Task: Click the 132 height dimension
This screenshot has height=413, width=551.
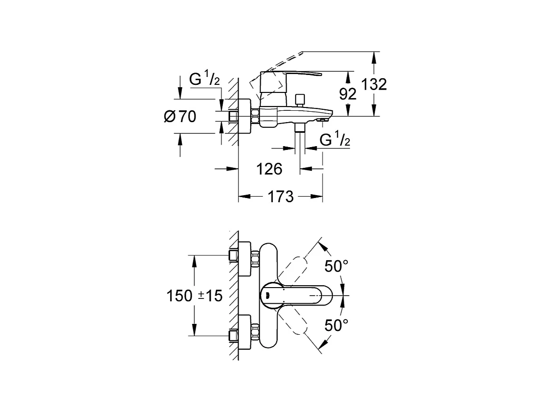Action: pyautogui.click(x=374, y=84)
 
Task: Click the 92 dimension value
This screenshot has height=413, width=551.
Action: pyautogui.click(x=347, y=94)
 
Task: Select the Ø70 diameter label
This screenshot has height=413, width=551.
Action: pyautogui.click(x=180, y=116)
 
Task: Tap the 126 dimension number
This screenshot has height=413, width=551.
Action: pyautogui.click(x=269, y=169)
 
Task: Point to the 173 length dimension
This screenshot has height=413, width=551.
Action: pyautogui.click(x=280, y=197)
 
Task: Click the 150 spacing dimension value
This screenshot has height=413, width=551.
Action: pyautogui.click(x=179, y=296)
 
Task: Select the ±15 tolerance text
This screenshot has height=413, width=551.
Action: pyautogui.click(x=210, y=296)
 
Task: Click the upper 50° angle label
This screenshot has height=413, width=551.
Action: pyautogui.click(x=336, y=266)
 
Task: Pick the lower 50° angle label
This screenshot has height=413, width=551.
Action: pyautogui.click(x=336, y=325)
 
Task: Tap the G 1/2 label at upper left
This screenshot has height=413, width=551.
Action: pyautogui.click(x=205, y=78)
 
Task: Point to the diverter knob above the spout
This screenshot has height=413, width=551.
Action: pyautogui.click(x=300, y=100)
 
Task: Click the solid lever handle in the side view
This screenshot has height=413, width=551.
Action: pyautogui.click(x=291, y=74)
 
